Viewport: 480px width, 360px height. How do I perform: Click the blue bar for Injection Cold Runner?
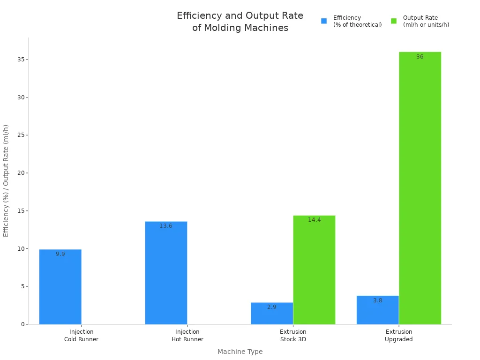[x=60, y=287]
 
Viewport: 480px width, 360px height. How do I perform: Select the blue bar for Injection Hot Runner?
[x=166, y=273]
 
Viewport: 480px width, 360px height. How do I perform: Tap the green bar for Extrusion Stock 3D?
[x=314, y=270]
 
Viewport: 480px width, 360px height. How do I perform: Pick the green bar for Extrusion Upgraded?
[x=420, y=188]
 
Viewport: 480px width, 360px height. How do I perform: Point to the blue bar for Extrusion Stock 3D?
[x=272, y=314]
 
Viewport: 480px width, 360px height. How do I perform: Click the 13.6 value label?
[x=166, y=226]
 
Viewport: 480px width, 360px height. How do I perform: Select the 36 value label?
[x=420, y=57]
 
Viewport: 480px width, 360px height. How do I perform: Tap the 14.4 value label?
[x=314, y=220]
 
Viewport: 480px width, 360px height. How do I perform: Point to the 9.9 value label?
[x=60, y=254]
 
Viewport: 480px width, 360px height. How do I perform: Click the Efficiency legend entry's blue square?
[x=324, y=21]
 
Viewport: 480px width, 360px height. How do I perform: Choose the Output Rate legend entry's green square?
[x=394, y=21]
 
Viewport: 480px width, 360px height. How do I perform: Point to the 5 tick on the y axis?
[x=23, y=286]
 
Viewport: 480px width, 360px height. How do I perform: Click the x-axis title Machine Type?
[x=240, y=352]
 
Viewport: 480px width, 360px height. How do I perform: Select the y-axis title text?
[x=6, y=180]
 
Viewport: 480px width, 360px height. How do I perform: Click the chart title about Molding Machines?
[x=240, y=22]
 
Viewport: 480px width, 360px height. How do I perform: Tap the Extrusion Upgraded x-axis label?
[x=399, y=336]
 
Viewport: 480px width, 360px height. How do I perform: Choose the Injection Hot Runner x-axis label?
[x=187, y=336]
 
